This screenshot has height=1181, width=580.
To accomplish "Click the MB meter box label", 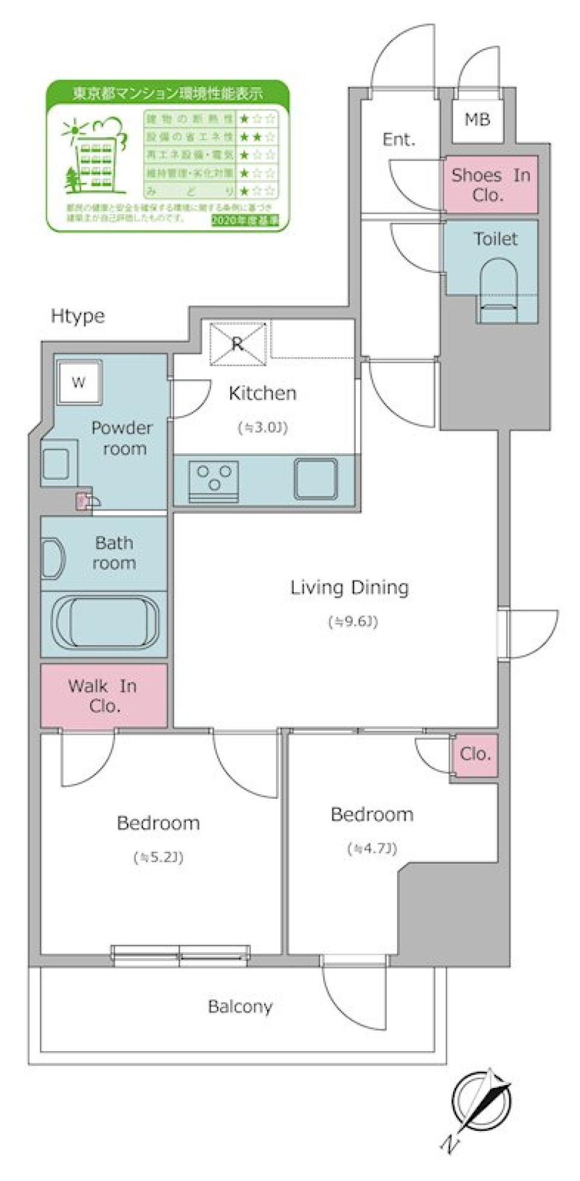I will tap(477, 120).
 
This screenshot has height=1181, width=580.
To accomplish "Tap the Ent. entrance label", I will tap(399, 140).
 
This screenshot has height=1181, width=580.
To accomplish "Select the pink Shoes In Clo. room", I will tap(490, 185).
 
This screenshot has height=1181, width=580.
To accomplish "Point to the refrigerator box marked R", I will tap(237, 344).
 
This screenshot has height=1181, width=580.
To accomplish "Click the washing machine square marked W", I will tap(79, 382).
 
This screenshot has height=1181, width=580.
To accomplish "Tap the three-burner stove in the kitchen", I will tap(214, 481).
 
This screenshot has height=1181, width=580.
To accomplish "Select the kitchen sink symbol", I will tap(315, 478).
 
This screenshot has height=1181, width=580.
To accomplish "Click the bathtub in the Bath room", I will tap(105, 622).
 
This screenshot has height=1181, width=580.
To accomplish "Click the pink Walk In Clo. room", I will tap(103, 696).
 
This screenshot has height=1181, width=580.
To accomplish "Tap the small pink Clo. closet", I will tap(475, 754).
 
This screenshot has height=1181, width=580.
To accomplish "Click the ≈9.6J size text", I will tap(353, 621).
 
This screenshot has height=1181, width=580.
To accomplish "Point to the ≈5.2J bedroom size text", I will tap(158, 857).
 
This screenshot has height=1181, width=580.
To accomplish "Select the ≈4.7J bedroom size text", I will tap(372, 848).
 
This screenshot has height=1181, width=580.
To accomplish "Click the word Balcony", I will tap(240, 1006).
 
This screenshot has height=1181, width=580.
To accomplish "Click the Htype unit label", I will tap(77, 316).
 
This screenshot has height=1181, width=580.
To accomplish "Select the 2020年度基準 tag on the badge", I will tap(245, 220).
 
